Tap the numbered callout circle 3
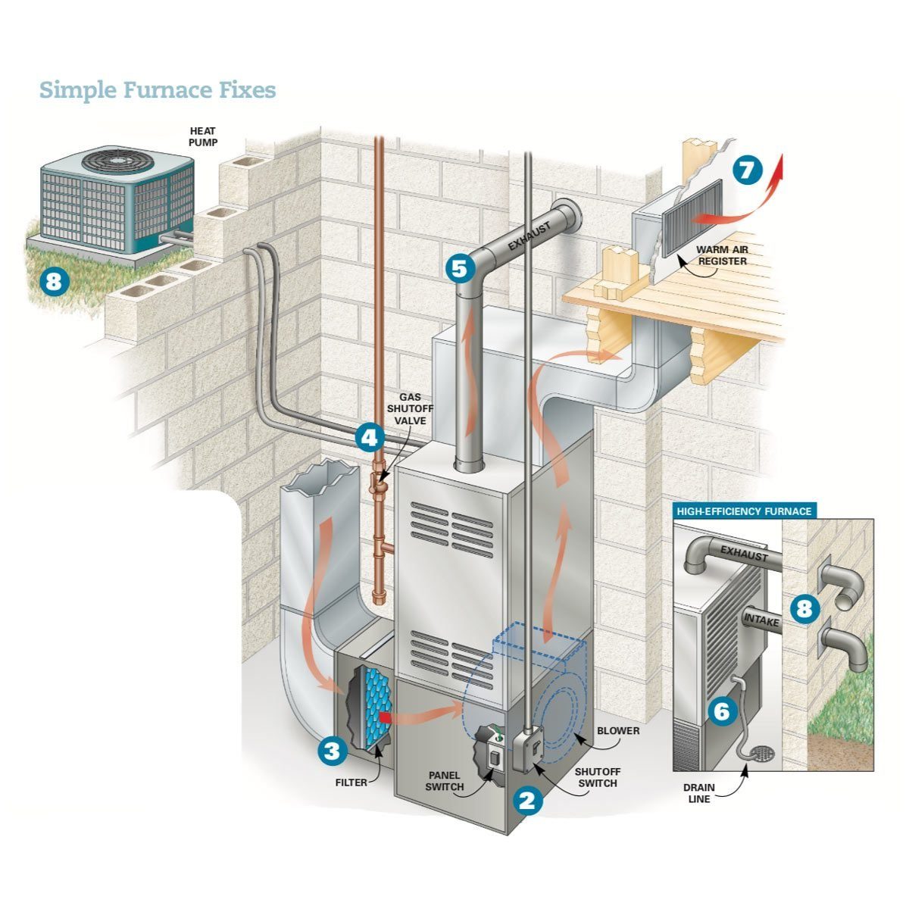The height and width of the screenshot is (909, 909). click(332, 751)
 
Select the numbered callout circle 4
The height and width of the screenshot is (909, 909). click(369, 437)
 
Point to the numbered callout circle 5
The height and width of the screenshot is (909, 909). click(461, 267)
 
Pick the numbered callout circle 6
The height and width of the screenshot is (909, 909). click(721, 711)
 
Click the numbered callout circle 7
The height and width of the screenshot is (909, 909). click(748, 170)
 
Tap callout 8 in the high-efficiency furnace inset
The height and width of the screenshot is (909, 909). click(804, 608)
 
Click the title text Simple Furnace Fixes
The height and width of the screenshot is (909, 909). click(158, 90)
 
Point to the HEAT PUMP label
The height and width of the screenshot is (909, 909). click(202, 136)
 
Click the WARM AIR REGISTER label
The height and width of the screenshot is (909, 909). click(722, 255)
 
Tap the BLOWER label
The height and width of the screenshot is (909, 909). click(618, 731)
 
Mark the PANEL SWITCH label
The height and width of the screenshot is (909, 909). click(445, 781)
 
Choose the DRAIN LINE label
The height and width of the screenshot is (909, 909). click(699, 793)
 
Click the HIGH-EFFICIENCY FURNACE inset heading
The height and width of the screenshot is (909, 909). click(744, 511)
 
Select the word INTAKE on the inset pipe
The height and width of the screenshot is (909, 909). click(761, 620)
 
